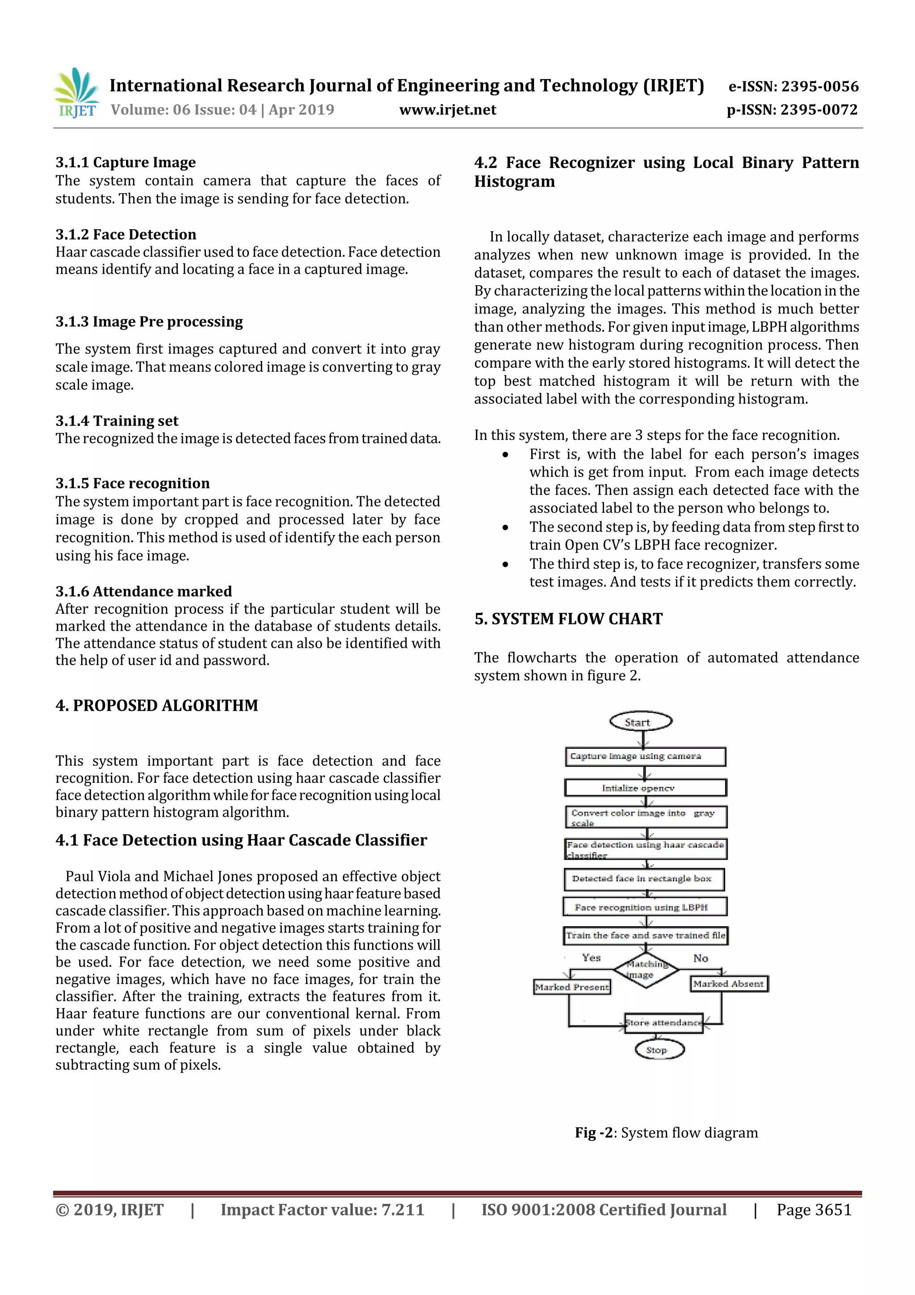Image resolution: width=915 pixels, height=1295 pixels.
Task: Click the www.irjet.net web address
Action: [x=448, y=110]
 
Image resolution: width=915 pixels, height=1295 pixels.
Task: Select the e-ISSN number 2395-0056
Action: [x=793, y=86]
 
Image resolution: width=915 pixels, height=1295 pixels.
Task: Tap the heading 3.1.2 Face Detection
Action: [x=126, y=234]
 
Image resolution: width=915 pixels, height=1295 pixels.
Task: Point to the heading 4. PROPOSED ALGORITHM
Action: [x=157, y=705]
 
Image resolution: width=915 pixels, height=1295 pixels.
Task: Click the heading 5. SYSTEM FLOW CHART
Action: [x=568, y=619]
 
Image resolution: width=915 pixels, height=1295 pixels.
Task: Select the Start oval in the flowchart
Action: [x=640, y=722]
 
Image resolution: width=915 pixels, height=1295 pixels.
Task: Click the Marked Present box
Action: [x=572, y=987]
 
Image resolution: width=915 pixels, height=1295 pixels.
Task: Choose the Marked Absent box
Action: [x=728, y=984]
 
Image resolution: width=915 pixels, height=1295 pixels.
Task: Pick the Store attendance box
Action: [x=663, y=1023]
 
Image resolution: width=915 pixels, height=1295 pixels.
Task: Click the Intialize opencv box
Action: [x=645, y=788]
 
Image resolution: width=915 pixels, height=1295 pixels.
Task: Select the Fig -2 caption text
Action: [x=666, y=1133]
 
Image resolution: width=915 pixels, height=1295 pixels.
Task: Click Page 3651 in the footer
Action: [x=814, y=1210]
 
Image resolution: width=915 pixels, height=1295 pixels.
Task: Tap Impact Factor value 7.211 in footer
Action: [x=322, y=1210]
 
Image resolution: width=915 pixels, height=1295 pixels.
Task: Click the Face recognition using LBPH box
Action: [x=644, y=907]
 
